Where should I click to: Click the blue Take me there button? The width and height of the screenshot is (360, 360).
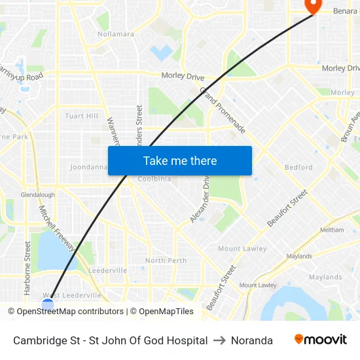coord(180,161)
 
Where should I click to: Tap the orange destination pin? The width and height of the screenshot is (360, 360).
coord(313,6)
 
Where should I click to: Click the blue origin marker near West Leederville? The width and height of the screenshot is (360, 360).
coord(47,303)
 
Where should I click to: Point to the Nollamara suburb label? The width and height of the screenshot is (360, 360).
coord(116,34)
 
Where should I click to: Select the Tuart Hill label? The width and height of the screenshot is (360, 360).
coord(82,116)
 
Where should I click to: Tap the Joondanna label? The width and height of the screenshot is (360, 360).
coord(88,167)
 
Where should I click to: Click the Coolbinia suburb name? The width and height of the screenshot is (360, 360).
coord(154,179)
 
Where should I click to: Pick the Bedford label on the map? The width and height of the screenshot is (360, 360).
coord(298,167)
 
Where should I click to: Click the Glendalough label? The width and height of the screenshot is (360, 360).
coord(37,195)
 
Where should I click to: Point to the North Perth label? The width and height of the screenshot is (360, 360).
coord(166,261)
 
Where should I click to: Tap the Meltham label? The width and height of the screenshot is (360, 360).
coord(331,230)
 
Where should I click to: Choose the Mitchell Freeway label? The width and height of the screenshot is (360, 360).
coord(57,229)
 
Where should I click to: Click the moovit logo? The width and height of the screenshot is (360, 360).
coord(320,340)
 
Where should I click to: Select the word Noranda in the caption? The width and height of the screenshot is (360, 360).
coord(252,340)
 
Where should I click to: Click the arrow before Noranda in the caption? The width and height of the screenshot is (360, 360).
coord(219,340)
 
